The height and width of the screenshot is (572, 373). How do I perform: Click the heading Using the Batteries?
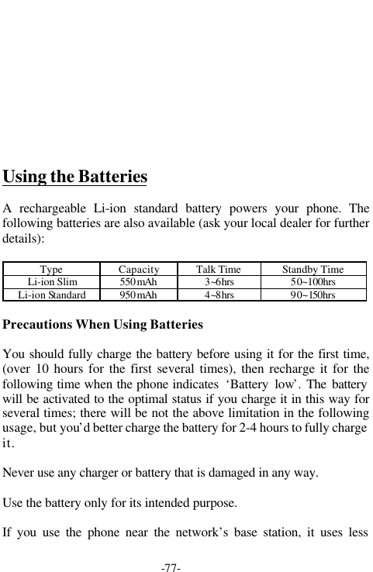tap(75, 177)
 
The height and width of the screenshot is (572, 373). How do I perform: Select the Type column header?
tap(52, 270)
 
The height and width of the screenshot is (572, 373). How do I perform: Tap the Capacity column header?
tap(140, 270)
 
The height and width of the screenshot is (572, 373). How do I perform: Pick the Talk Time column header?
tap(218, 270)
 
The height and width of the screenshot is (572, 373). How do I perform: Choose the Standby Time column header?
tap(313, 270)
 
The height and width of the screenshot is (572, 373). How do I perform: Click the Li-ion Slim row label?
tap(52, 282)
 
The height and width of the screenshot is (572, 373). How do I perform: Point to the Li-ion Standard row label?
tap(52, 295)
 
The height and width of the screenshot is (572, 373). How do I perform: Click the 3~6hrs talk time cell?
tap(218, 282)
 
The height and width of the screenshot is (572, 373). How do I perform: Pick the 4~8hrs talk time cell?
tap(218, 295)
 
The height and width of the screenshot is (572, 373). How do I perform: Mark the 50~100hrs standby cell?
tap(313, 282)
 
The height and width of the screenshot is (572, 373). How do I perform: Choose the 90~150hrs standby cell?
tap(313, 295)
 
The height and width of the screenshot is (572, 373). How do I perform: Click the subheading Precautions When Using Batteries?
tap(103, 324)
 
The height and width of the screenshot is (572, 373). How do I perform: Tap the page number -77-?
tap(171, 568)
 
